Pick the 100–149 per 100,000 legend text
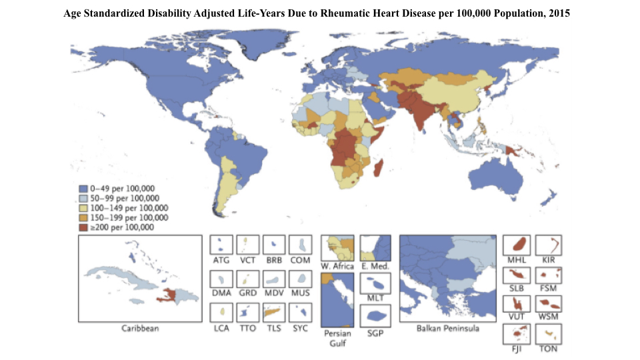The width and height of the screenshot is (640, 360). point(123,208)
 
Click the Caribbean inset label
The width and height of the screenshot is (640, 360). point(140,328)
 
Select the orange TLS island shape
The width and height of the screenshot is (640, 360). point(272,311)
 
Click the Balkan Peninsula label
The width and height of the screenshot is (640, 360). point(447,328)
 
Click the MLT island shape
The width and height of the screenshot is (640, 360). point(375,283)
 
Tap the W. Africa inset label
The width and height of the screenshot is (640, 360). point(337,267)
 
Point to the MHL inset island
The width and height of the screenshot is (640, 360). point(517,245)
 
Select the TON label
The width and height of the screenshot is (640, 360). point(549,349)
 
